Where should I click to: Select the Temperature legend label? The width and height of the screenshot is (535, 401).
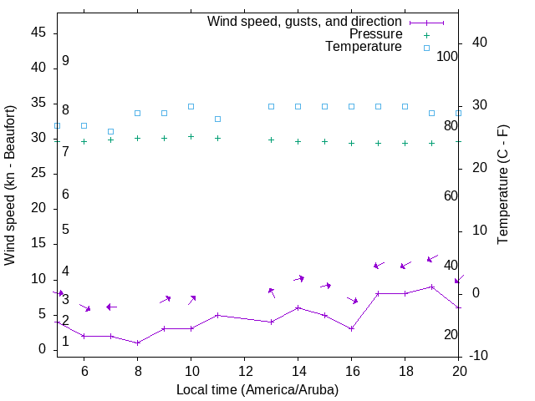pos(364,47)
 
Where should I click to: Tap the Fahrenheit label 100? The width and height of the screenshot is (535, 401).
pos(448,56)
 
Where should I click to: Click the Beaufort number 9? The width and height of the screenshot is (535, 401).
pos(65,61)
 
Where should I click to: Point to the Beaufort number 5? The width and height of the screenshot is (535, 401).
pos(65,230)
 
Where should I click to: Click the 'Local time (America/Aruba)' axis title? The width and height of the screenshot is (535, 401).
pos(257,389)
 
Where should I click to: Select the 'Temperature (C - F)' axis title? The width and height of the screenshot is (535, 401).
pos(502,185)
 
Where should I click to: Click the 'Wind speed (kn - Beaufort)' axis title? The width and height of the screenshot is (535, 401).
pos(11,185)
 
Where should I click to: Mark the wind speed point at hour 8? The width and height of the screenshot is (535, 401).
pos(137,343)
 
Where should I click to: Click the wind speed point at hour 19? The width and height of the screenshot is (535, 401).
pos(431,287)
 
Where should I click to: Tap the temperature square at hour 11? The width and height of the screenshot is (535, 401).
pos(217,119)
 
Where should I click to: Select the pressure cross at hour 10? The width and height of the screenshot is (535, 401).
pos(191,136)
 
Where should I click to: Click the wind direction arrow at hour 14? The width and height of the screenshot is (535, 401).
pos(298,278)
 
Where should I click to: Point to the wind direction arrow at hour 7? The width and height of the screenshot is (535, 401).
pos(111,307)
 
